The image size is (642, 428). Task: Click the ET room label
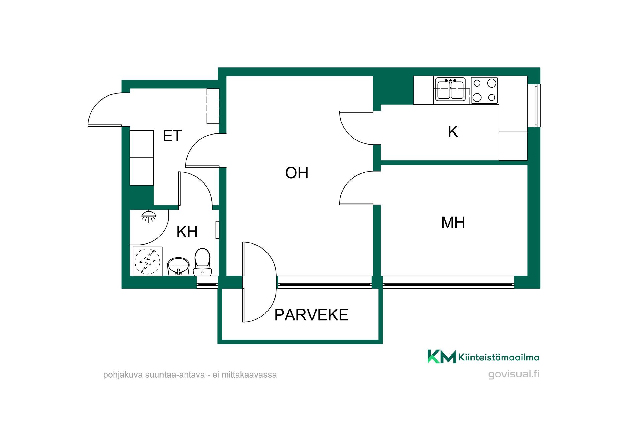tap(172, 136)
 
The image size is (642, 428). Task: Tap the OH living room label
tap(297, 173)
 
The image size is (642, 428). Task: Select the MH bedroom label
tap(453, 223)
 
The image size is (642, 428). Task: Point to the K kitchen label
tap(453, 132)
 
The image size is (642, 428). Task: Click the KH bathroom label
tap(187, 232)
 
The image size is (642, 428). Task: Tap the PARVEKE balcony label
tap(311, 315)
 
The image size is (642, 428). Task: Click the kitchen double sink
tap(450, 90)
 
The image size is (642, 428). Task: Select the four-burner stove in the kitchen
tap(484, 90)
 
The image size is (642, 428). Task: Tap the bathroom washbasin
tap(178, 266)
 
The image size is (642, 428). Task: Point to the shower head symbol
tap(148, 216)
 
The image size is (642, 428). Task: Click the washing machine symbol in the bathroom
tap(147, 261)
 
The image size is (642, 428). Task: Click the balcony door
tap(259, 282)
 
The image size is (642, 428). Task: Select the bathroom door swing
tap(196, 189)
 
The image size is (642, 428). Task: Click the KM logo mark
tap(442, 356)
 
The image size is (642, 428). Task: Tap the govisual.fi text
tap(514, 374)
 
